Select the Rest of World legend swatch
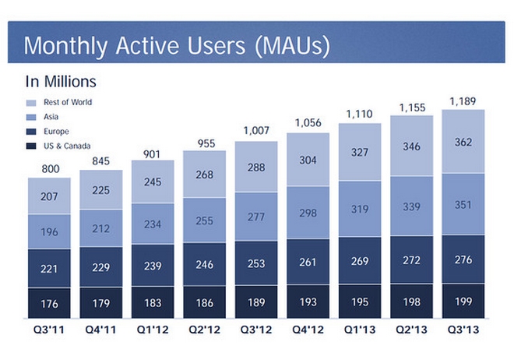click(x=32, y=102)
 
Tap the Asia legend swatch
click(x=32, y=117)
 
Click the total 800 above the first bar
click(x=49, y=168)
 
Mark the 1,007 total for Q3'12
click(x=255, y=132)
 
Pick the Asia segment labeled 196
click(x=49, y=231)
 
